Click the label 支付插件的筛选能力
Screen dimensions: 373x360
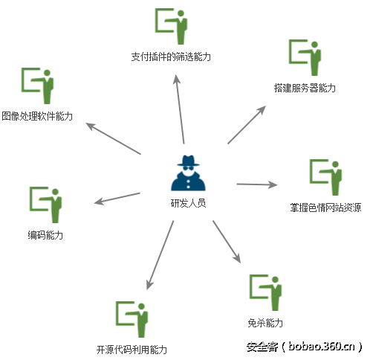171,57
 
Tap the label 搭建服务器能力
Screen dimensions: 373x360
305,88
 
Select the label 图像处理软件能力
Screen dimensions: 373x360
37,116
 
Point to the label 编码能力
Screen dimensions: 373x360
45,235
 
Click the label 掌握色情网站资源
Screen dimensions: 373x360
325,208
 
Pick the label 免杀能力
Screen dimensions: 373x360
265,323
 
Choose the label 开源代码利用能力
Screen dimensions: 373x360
132,350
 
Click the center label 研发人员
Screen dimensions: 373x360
188,203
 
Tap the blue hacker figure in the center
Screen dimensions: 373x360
188,173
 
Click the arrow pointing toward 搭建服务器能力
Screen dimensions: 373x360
247,125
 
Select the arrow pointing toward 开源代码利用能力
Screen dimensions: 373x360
160,255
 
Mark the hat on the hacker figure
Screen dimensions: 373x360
188,161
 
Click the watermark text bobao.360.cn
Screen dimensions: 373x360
322,347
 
